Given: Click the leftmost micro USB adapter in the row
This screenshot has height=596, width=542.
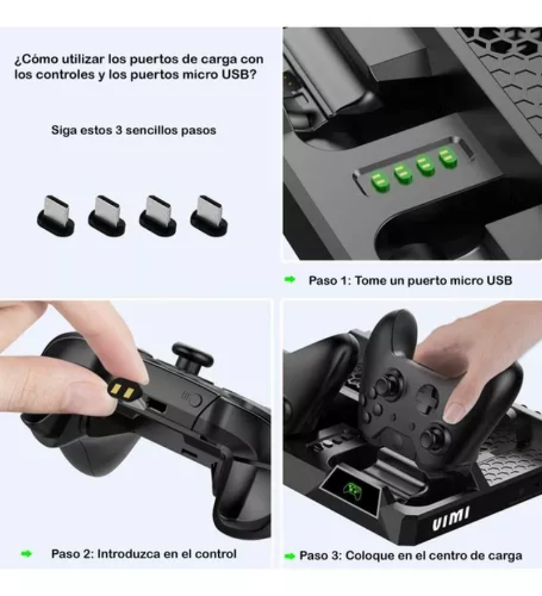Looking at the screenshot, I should (x=55, y=216).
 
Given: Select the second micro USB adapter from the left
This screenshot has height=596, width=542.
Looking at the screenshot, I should (x=106, y=216).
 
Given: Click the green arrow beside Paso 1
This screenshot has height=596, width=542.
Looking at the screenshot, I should (x=290, y=279).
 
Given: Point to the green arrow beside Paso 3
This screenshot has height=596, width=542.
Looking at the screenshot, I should (x=290, y=555).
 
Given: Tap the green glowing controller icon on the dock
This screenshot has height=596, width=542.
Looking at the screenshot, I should (x=352, y=489).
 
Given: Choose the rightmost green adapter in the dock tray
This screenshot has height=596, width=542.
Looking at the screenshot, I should (x=446, y=157).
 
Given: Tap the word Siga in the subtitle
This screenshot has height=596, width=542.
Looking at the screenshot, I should (x=64, y=130).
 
